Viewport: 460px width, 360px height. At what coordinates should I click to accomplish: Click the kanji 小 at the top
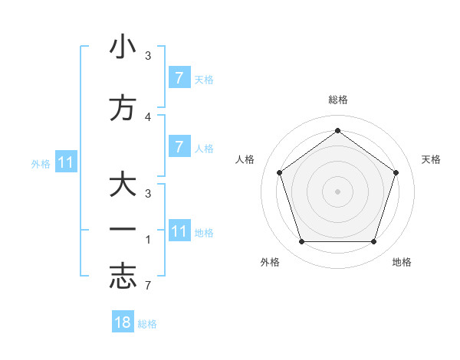[x=123, y=47]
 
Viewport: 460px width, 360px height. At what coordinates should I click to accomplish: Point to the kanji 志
[x=123, y=277]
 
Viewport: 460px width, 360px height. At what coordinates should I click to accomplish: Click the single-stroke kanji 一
[x=123, y=229]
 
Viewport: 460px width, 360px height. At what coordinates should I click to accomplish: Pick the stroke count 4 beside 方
[x=148, y=116]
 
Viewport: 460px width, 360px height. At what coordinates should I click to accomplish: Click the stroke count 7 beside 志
[x=148, y=286]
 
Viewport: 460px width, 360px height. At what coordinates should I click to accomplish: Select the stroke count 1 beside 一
[x=148, y=240]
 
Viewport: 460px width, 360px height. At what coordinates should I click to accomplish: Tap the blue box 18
[x=123, y=322]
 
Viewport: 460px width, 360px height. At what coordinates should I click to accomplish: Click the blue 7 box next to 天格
[x=179, y=77]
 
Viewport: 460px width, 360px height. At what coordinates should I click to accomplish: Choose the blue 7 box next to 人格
[x=179, y=147]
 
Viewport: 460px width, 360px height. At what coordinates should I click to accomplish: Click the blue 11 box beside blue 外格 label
[x=66, y=162]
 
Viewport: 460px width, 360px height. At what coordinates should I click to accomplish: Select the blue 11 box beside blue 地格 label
[x=179, y=231]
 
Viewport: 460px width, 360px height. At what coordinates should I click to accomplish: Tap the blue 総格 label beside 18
[x=147, y=324]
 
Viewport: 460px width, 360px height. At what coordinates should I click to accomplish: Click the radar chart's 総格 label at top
[x=337, y=100]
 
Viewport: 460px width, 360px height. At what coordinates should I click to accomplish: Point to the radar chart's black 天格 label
[x=431, y=159]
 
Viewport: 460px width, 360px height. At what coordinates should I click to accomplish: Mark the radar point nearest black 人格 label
[x=279, y=172]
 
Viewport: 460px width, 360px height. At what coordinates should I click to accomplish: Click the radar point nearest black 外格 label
[x=301, y=242]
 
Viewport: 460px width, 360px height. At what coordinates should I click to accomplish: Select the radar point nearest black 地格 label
[x=373, y=242]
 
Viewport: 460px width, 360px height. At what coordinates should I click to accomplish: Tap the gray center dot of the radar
[x=337, y=191]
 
